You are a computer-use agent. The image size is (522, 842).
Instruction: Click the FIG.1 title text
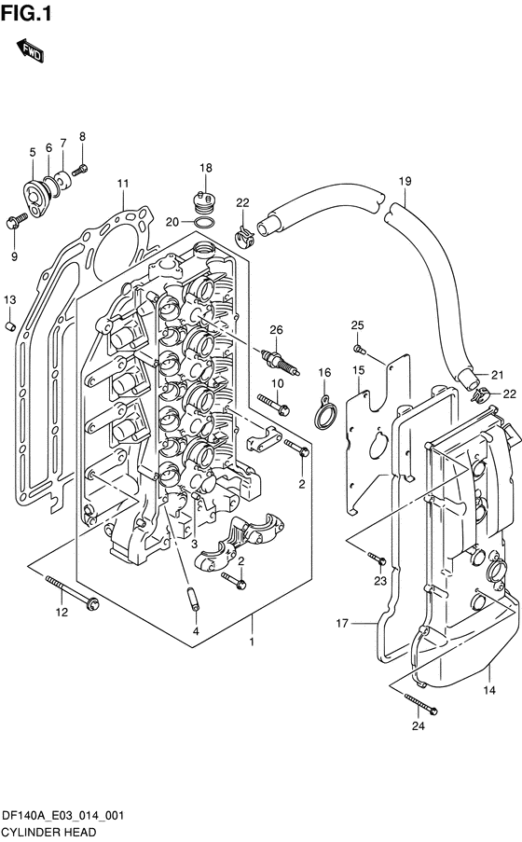[26, 14]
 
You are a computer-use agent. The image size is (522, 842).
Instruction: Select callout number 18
[206, 168]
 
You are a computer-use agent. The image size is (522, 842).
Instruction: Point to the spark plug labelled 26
[280, 362]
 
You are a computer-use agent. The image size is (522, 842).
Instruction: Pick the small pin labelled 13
[9, 325]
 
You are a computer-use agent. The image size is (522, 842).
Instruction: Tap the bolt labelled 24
[421, 704]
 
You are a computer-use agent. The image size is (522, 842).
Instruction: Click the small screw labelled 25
[359, 349]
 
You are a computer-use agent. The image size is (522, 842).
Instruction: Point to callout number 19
[405, 181]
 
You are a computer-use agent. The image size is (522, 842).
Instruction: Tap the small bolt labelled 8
[79, 171]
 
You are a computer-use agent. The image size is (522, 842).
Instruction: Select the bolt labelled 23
[377, 559]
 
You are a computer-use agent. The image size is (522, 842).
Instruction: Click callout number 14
[488, 690]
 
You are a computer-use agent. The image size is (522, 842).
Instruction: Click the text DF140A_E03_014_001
[62, 816]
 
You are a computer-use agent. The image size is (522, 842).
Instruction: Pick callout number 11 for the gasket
[123, 184]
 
